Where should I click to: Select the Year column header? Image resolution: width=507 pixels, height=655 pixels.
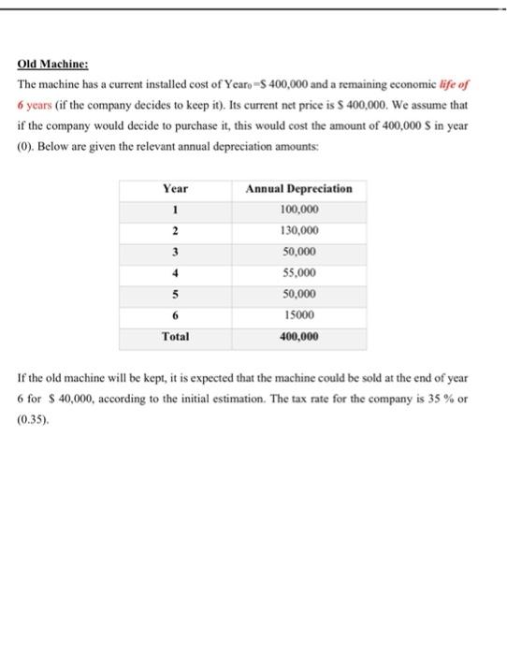175,188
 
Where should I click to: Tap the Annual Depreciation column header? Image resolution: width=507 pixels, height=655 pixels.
298,188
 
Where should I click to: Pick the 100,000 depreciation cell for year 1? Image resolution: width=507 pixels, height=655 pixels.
298,209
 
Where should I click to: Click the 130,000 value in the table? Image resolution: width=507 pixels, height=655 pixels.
298,230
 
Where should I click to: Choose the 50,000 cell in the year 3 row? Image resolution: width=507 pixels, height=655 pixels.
298,252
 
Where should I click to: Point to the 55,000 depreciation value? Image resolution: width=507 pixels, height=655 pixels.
298,272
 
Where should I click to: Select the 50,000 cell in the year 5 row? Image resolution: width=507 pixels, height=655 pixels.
298,294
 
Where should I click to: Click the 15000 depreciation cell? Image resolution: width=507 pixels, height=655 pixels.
298,315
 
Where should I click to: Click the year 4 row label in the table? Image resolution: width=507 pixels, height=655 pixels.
175,272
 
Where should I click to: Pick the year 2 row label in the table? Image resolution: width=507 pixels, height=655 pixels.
175,230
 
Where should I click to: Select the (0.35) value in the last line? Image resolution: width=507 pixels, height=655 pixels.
33,416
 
